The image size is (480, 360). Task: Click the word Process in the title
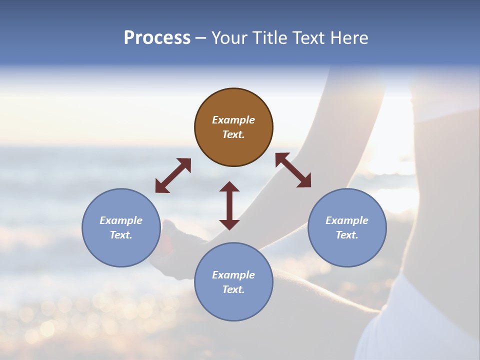click(x=157, y=38)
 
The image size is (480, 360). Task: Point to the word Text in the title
click(x=310, y=38)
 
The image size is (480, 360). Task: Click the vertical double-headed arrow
click(x=229, y=205)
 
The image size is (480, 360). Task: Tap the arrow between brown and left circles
click(x=173, y=175)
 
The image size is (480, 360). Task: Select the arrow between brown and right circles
click(x=293, y=170)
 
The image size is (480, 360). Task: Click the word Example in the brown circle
click(x=233, y=120)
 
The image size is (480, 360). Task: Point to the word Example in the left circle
click(x=121, y=220)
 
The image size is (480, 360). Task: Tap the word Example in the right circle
click(x=347, y=220)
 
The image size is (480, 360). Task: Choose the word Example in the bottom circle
click(x=233, y=275)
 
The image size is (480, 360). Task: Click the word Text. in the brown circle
click(x=233, y=134)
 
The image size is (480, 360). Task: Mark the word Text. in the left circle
click(x=121, y=235)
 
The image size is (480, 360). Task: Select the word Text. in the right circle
click(x=347, y=235)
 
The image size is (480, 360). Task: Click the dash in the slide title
click(x=201, y=38)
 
